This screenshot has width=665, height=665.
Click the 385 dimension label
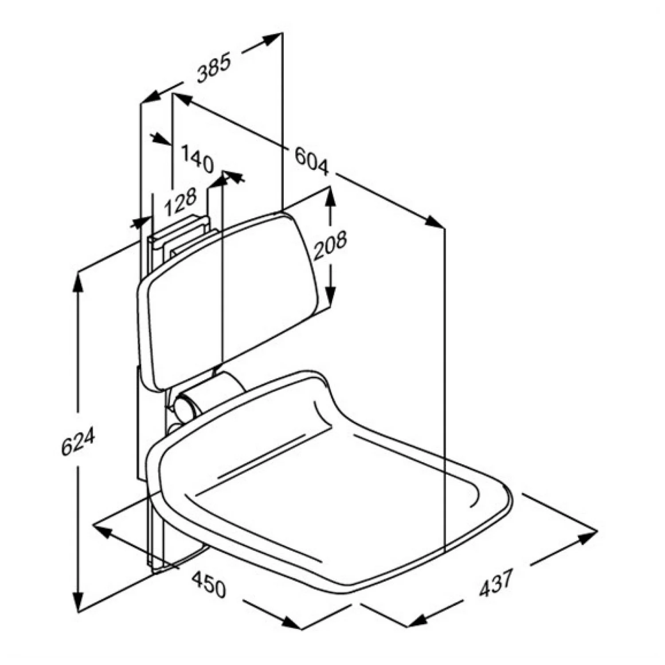click(x=214, y=67)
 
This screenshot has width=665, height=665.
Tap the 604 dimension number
click(x=312, y=161)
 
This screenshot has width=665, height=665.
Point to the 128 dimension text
click(x=180, y=202)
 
